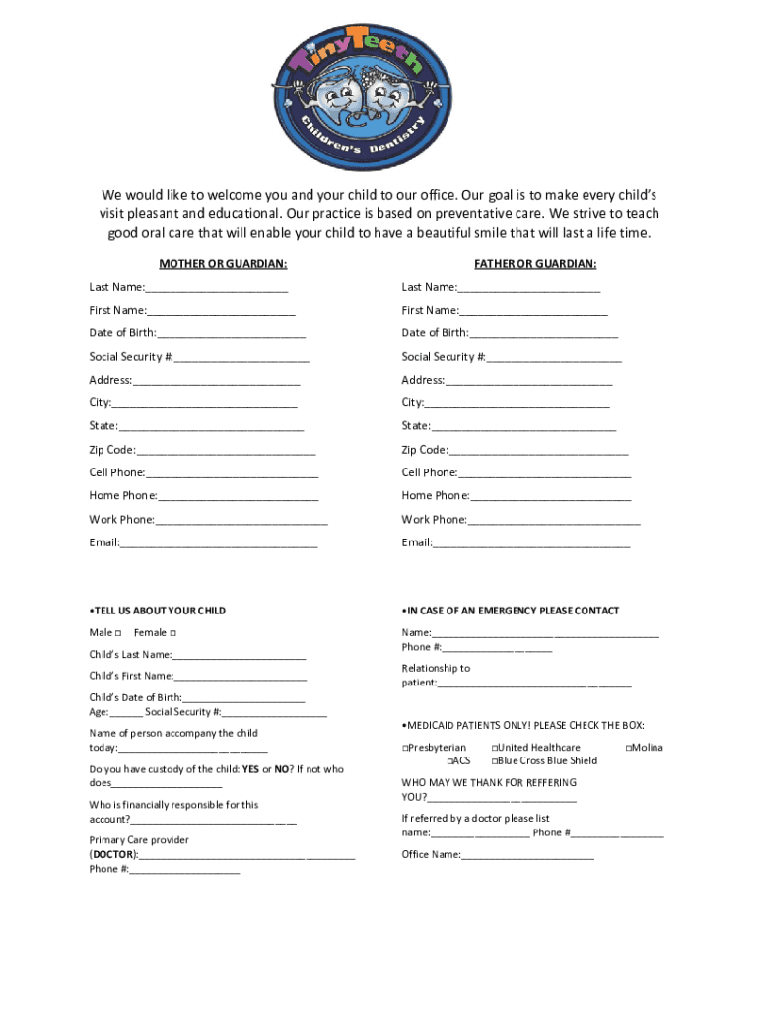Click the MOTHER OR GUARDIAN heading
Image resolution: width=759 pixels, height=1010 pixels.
click(x=223, y=264)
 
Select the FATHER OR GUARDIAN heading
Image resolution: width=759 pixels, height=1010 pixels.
click(x=535, y=264)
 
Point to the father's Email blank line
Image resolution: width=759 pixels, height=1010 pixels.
click(x=531, y=544)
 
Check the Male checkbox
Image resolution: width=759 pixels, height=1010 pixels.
click(x=118, y=632)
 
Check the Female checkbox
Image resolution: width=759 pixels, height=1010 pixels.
click(x=173, y=632)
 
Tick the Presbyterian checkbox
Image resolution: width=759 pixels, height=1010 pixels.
click(x=405, y=748)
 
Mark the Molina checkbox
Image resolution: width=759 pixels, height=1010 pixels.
click(x=629, y=748)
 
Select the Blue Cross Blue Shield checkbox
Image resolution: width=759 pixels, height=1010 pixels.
click(x=495, y=761)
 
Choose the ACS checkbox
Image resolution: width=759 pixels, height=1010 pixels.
click(x=449, y=761)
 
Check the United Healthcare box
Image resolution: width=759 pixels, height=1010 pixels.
click(x=495, y=748)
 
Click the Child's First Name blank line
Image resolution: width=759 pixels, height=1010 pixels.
click(x=241, y=678)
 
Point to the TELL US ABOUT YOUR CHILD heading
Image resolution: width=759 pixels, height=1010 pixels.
click(x=158, y=611)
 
